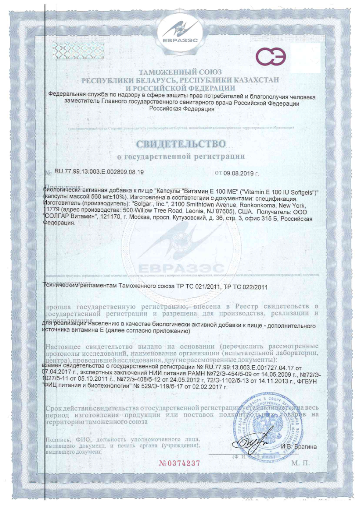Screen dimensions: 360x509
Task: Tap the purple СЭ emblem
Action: pos(271,57)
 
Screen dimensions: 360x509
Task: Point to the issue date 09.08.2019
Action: pos(242,173)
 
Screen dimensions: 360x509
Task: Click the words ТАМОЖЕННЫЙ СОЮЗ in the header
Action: pos(180,72)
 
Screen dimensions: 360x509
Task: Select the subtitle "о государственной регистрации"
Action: pos(181,157)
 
